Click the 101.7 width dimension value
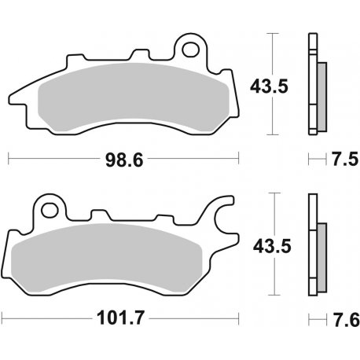coord(124,320)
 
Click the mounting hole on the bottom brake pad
coord(52,211)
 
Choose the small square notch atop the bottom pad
coord(99,214)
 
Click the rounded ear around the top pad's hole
coord(190,41)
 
